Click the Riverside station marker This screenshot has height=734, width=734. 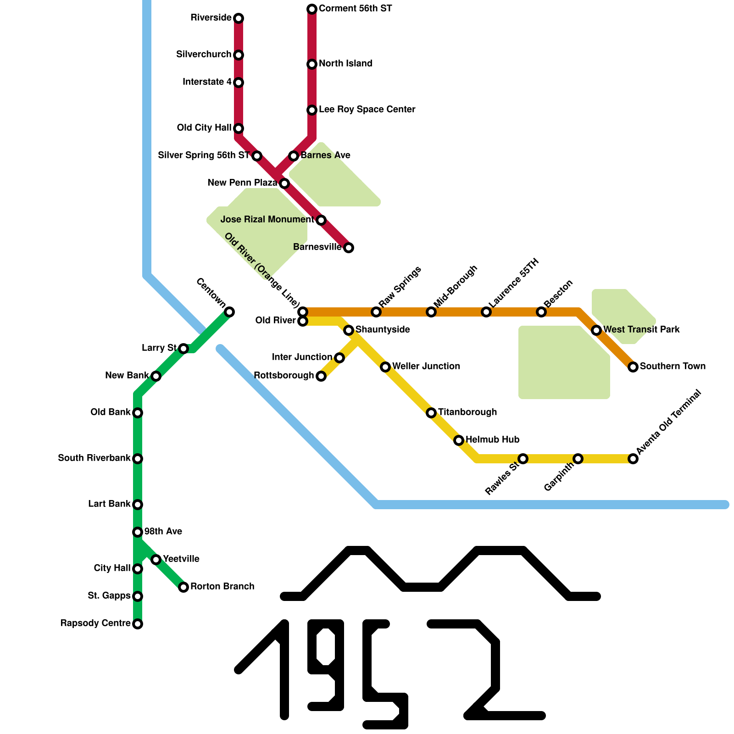(x=239, y=18)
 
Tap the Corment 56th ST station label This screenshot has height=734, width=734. (x=355, y=9)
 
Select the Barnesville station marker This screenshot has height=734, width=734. (x=349, y=248)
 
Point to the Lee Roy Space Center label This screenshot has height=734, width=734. (x=367, y=110)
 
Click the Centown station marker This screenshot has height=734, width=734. (x=229, y=312)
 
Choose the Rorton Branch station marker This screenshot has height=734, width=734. (x=183, y=587)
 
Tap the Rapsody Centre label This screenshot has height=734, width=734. (x=95, y=623)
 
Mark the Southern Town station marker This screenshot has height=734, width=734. (x=633, y=367)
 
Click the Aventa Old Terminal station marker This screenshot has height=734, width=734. (x=633, y=459)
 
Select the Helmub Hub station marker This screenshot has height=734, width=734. (x=459, y=440)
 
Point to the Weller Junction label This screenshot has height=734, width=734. (x=426, y=367)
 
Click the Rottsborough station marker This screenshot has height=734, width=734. (x=321, y=376)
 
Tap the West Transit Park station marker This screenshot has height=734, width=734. (x=596, y=330)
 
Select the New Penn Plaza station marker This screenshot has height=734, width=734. (x=284, y=183)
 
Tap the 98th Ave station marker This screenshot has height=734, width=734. (x=138, y=532)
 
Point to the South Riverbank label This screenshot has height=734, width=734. (x=94, y=458)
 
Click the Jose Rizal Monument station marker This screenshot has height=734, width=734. (x=321, y=220)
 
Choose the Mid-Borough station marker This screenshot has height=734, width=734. (x=431, y=312)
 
